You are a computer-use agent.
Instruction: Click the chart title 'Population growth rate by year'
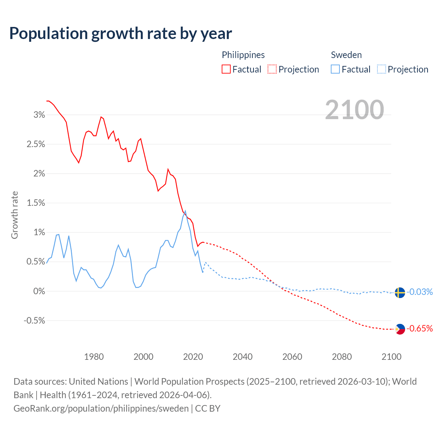click(x=121, y=33)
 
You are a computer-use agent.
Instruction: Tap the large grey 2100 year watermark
click(x=354, y=109)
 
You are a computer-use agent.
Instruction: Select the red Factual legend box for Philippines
click(x=226, y=69)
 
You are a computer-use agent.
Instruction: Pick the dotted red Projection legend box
click(x=272, y=69)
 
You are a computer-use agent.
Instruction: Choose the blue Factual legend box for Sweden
click(x=335, y=69)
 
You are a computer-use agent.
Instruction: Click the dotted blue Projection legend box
click(x=381, y=69)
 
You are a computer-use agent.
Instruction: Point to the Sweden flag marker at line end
click(x=400, y=292)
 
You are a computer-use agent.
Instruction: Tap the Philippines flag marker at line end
click(x=400, y=329)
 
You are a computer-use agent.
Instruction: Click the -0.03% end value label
click(x=420, y=292)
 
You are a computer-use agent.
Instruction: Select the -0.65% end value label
click(x=420, y=328)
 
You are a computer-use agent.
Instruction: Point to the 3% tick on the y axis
click(x=39, y=115)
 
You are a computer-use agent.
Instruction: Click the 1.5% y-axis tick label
click(x=36, y=203)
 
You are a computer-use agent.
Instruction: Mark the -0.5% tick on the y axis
click(x=34, y=321)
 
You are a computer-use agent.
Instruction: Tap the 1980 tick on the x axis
click(x=94, y=357)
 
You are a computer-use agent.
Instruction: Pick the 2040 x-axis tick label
click(x=243, y=357)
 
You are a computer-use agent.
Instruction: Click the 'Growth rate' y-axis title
click(x=15, y=215)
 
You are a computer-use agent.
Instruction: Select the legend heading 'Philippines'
click(x=243, y=55)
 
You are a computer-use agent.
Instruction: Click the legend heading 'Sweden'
click(x=346, y=55)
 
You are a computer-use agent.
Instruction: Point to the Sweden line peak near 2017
click(x=185, y=211)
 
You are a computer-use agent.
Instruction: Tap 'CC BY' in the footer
click(x=208, y=409)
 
